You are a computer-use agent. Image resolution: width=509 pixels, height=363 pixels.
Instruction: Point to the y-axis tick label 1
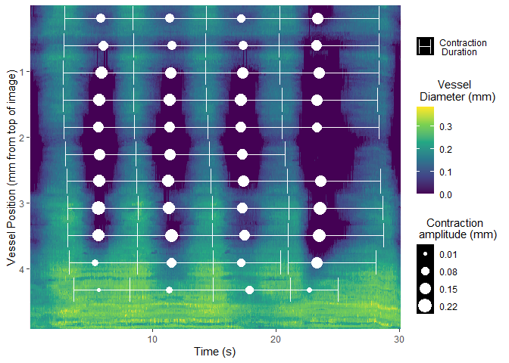23,73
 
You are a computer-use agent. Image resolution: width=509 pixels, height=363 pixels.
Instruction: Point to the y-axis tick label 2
23,138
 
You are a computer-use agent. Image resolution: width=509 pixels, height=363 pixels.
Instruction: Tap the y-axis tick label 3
23,204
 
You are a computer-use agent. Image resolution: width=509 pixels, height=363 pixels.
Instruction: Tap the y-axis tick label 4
23,269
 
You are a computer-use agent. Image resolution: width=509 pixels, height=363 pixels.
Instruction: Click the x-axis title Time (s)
216,352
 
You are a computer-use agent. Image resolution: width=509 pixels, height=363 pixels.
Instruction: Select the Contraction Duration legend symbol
425,47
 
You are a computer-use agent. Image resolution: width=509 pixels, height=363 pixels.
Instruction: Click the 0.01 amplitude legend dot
425,255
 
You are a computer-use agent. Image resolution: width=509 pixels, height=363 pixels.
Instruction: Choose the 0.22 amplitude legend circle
425,306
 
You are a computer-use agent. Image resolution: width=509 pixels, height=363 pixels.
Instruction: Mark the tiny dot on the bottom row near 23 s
309,290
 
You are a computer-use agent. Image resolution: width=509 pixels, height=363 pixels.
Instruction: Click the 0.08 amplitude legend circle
425,271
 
